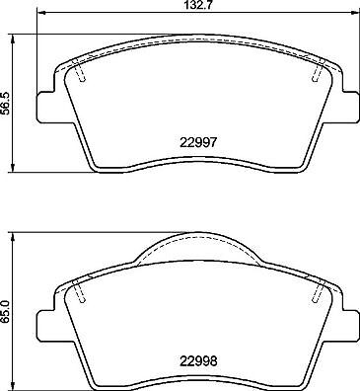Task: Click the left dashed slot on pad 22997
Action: (81, 74)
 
